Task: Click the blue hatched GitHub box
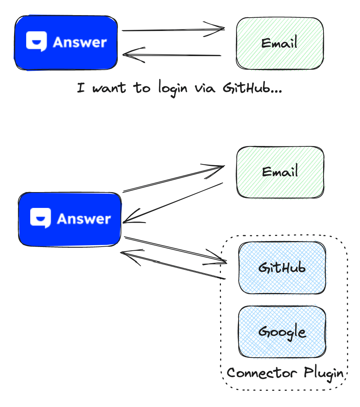tap(282, 268)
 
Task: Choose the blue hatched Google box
tap(282, 332)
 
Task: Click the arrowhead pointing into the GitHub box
tap(221, 261)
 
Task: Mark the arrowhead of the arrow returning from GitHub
tap(127, 254)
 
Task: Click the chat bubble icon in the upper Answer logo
tap(36, 42)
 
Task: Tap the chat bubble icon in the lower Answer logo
tap(40, 218)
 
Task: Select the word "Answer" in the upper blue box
tap(80, 42)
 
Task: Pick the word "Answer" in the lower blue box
tap(84, 219)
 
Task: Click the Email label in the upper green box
tap(279, 44)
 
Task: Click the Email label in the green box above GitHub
tap(280, 172)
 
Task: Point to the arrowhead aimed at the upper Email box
tap(220, 28)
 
